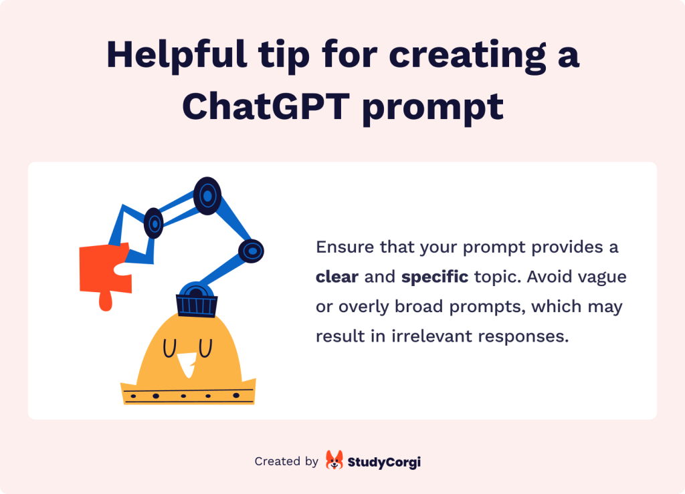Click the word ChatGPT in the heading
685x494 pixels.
coord(266,106)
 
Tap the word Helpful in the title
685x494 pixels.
coord(177,55)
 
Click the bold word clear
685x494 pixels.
coord(337,277)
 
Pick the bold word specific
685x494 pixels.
coord(435,277)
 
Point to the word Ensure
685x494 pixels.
coord(345,247)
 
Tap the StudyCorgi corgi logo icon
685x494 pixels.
coord(334,460)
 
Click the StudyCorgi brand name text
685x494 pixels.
coord(384,462)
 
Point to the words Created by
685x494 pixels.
coord(286,461)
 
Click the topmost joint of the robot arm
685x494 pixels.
coord(207,196)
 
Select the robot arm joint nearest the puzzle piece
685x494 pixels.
coord(154,223)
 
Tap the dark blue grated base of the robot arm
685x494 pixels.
coord(197,305)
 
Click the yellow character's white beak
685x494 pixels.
coord(187,364)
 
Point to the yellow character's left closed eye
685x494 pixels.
coord(169,348)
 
